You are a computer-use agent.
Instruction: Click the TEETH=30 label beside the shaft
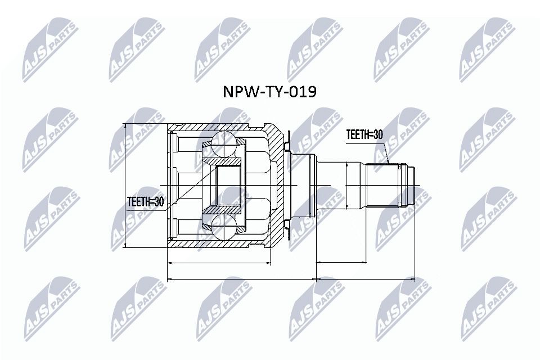click(x=364, y=135)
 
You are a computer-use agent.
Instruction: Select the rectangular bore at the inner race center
click(x=228, y=186)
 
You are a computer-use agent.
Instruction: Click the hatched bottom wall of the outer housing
click(x=219, y=244)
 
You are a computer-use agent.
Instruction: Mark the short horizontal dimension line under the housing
click(x=219, y=262)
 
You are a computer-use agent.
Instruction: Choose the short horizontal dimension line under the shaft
click(x=341, y=262)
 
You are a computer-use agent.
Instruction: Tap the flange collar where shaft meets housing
click(x=302, y=186)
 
